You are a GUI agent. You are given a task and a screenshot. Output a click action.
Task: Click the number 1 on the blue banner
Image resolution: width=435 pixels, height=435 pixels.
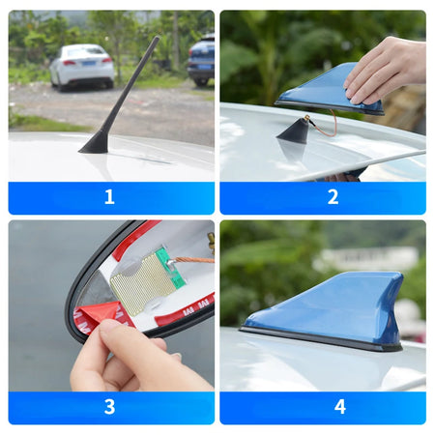click(x=109, y=197)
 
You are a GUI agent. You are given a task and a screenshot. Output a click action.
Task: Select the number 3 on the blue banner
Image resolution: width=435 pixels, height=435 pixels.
click(x=109, y=406)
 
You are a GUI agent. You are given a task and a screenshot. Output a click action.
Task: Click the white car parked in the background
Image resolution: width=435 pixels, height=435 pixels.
click(x=81, y=65)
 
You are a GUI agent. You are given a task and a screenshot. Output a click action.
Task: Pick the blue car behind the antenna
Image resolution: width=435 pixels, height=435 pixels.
click(x=202, y=61)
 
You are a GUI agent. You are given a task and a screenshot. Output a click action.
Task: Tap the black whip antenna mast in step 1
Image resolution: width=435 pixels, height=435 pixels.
click(x=122, y=87)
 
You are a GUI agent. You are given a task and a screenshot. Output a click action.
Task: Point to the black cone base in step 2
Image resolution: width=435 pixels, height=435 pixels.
click(x=294, y=132)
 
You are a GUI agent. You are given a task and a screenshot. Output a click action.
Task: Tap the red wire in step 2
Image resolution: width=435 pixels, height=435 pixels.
click(x=324, y=126)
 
